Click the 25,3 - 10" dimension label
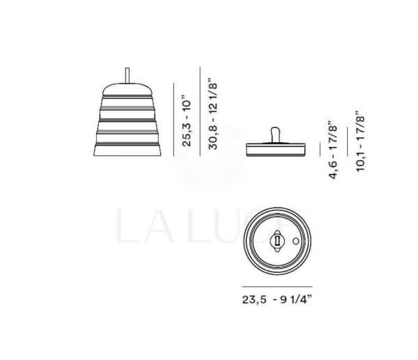click(x=187, y=123)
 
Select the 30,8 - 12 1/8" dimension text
click(x=213, y=114)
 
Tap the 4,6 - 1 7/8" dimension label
click(x=333, y=150)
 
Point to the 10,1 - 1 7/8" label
click(x=360, y=142)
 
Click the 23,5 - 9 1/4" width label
click(x=277, y=299)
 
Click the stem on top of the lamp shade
click(x=127, y=76)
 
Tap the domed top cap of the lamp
click(x=127, y=90)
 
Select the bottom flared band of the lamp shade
click(x=127, y=150)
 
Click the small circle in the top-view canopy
click(x=295, y=241)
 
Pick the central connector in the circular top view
click(x=277, y=241)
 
